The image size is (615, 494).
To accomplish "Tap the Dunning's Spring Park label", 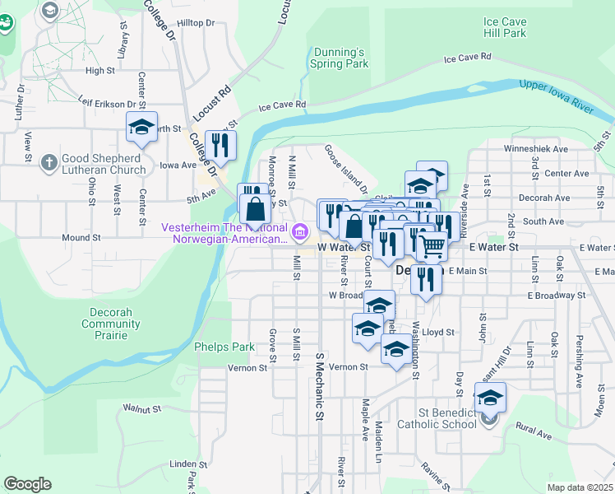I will pyautogui.click(x=339, y=57).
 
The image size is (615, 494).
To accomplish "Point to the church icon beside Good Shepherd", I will pyautogui.click(x=49, y=161).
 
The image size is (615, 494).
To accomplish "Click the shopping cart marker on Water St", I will pyautogui.click(x=431, y=245).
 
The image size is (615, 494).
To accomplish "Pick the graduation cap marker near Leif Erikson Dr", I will pyautogui.click(x=141, y=128).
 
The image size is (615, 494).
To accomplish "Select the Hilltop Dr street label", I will pyautogui.click(x=194, y=23).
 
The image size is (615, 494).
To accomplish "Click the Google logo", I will pyautogui.click(x=27, y=484).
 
